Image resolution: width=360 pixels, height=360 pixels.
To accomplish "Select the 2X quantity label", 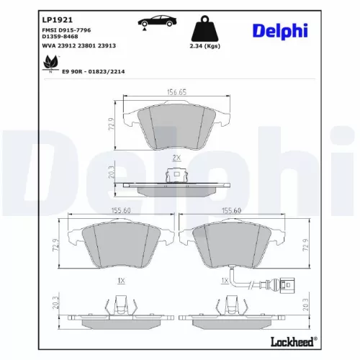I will click(x=176, y=157).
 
